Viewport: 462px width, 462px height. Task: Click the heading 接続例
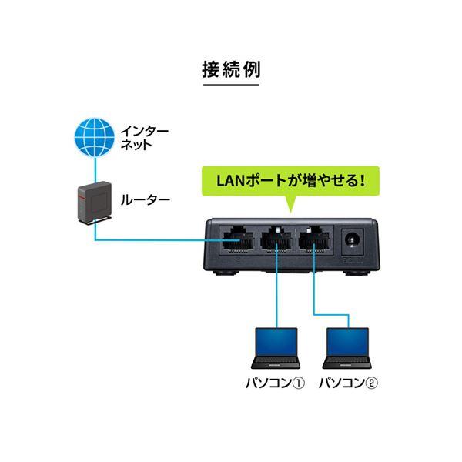coord(231,70)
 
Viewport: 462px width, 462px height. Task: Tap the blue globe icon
coord(95,137)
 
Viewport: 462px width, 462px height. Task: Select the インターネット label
coord(145,138)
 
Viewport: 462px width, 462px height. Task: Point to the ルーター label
coord(146,200)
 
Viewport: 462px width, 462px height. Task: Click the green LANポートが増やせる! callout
coord(290,181)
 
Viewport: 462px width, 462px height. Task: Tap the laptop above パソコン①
coord(276,348)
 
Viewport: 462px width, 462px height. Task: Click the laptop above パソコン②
coord(346,348)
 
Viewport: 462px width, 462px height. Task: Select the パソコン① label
coord(275,383)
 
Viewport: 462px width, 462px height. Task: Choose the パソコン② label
coord(348,383)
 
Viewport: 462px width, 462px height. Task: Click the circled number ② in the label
coord(371,383)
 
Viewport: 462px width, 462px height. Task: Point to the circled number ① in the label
coord(299,383)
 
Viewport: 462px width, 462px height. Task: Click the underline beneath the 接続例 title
coord(231,85)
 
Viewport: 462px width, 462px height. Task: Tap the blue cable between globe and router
coord(95,169)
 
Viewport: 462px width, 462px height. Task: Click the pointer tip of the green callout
coord(291,213)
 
